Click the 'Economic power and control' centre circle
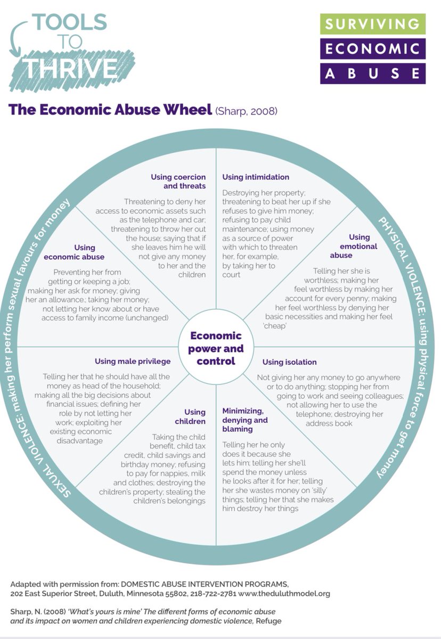216,348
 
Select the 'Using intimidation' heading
256,177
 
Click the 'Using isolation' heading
289,362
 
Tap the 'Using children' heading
194,417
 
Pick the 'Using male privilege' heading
133,361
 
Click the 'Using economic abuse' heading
85,251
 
